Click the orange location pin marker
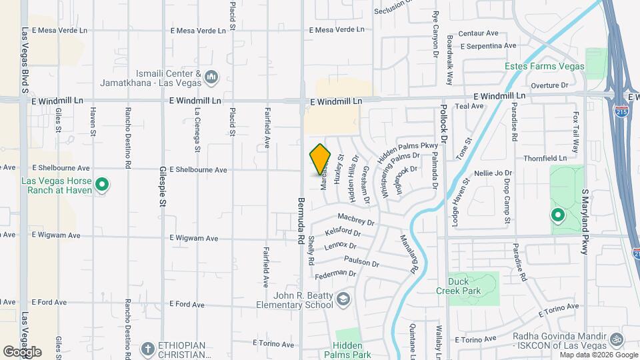(x=320, y=159)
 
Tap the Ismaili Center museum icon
(x=211, y=78)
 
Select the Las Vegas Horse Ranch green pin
(x=101, y=183)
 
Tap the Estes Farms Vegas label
(x=544, y=67)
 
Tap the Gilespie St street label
(x=162, y=188)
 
